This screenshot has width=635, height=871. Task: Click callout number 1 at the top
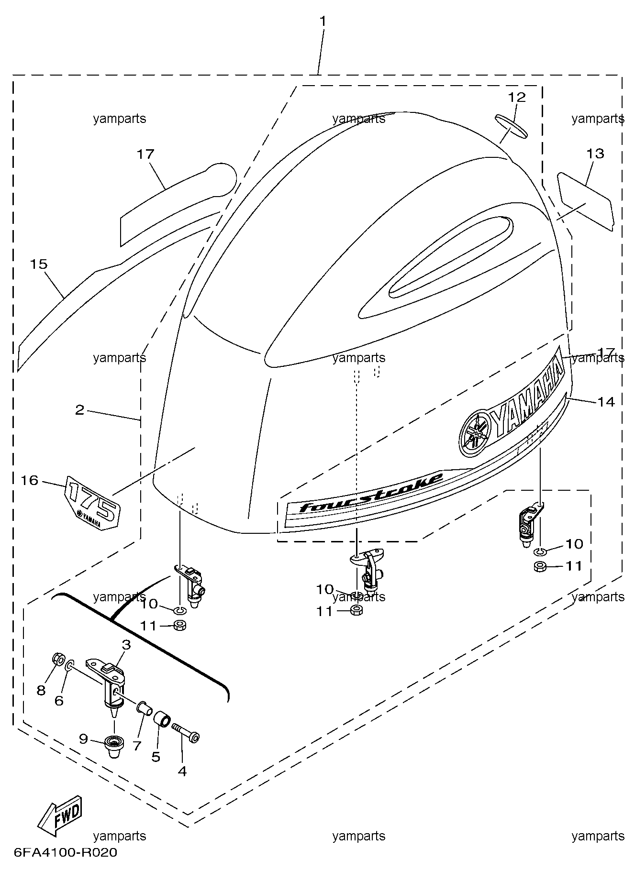323,21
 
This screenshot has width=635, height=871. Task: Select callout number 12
517,98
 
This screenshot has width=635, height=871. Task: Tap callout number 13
596,154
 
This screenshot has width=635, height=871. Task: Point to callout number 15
39,264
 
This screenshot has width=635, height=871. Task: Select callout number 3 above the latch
126,645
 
